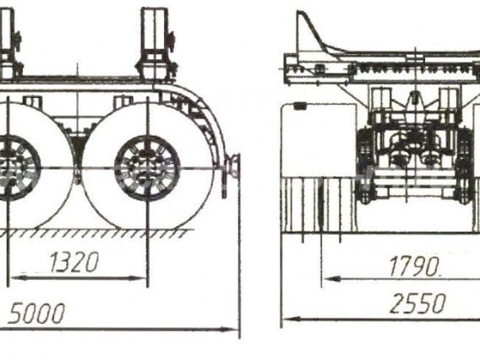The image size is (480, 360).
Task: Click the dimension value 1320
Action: (74, 262)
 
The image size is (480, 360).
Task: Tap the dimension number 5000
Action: (36, 314)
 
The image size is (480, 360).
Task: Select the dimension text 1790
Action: (414, 266)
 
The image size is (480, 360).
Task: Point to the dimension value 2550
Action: (417, 303)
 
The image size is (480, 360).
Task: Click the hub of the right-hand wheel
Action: (147, 168)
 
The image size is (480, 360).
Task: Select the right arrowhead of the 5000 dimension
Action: (230, 330)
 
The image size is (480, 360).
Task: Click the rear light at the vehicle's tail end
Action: (233, 166)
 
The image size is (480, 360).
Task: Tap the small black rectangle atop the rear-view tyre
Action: (300, 106)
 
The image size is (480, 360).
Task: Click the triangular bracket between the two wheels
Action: (77, 144)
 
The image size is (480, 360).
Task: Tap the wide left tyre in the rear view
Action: (319, 168)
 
